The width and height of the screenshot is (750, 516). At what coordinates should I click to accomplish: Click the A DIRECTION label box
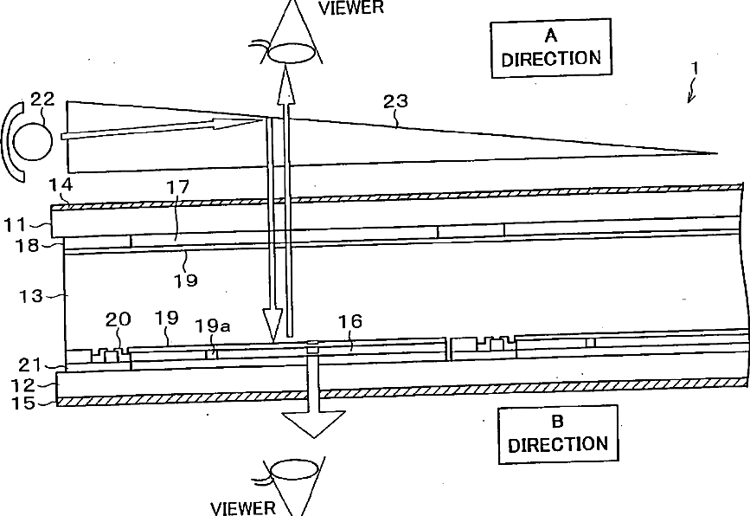[x=550, y=48]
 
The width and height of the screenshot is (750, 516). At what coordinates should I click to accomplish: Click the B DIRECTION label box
[x=557, y=434]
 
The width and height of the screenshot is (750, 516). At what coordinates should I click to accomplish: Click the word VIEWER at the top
[x=351, y=8]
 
